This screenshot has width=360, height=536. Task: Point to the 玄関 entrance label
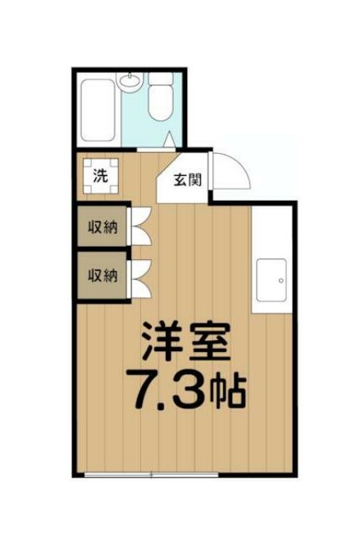(188, 178)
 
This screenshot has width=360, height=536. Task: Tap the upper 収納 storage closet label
(102, 227)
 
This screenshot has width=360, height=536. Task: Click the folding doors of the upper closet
(138, 227)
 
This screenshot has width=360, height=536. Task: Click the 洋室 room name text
(187, 343)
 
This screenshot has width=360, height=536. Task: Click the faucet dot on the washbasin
(128, 77)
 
